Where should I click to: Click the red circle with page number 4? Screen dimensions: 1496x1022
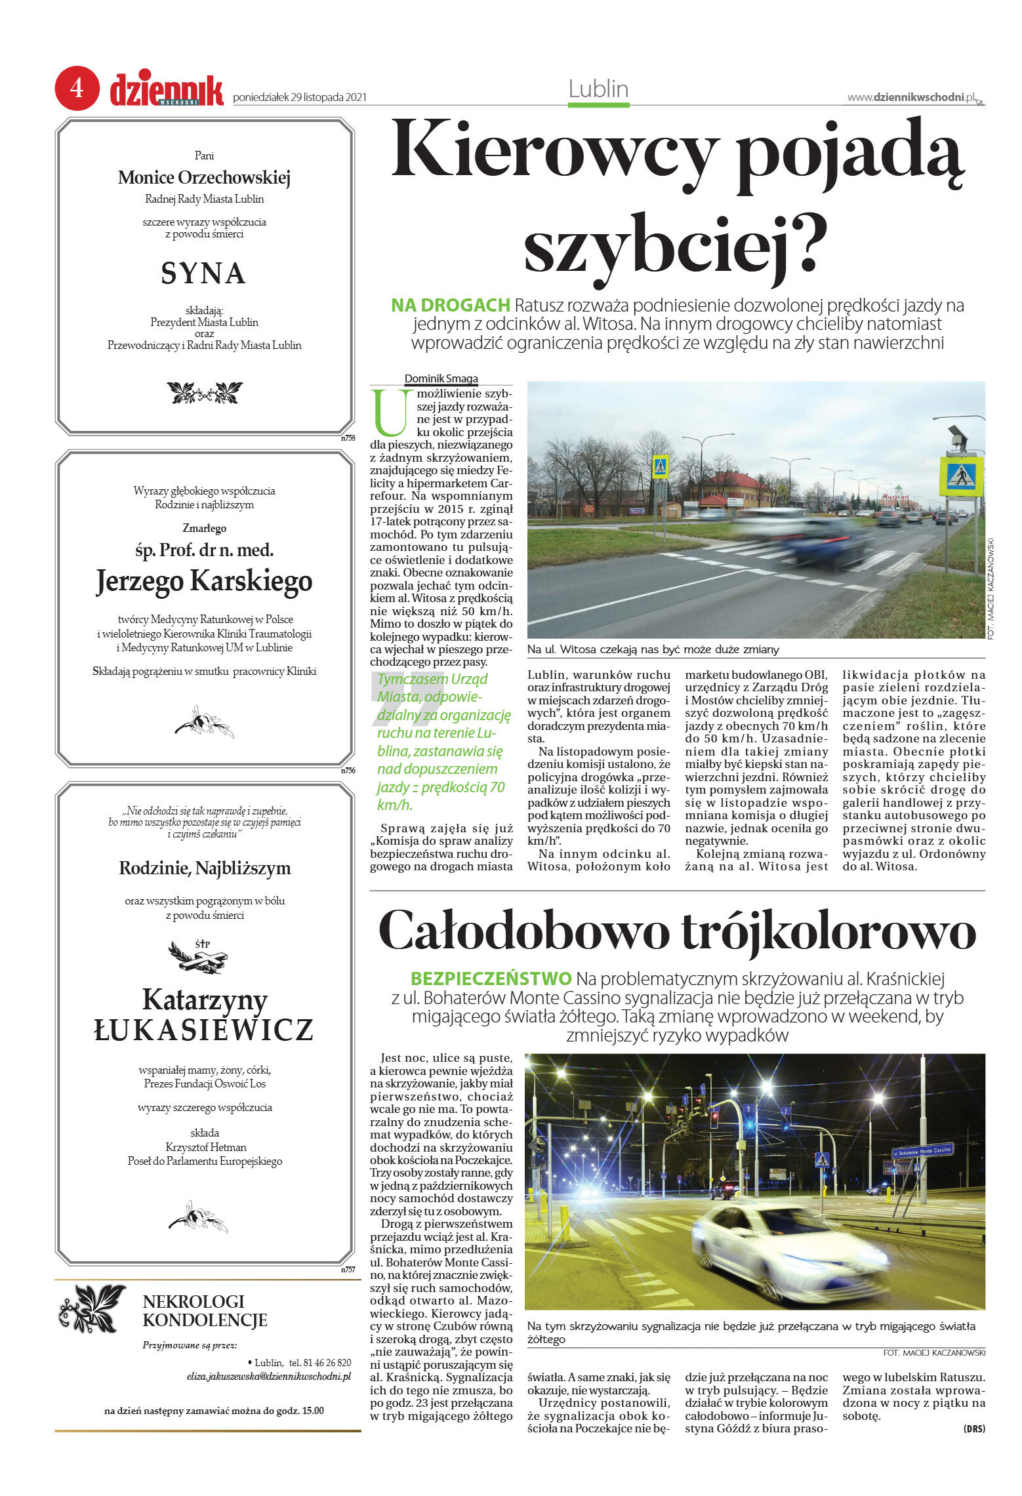coord(77,88)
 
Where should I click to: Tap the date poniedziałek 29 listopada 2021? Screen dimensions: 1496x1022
coord(299,98)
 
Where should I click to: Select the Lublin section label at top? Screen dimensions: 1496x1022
coord(598,89)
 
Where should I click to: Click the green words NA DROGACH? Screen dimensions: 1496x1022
coord(450,305)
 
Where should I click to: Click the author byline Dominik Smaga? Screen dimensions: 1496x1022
coord(441,378)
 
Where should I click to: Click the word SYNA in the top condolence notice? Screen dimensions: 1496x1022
coord(203,273)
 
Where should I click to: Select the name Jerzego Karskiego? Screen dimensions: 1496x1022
coord(204,581)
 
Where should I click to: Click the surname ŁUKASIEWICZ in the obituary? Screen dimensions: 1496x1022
coord(204,1030)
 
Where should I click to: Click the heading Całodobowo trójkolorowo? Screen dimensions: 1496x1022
coord(677,931)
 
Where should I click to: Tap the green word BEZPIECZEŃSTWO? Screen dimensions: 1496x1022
coord(491,979)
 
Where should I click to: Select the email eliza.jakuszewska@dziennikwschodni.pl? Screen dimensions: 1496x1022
coord(268,1377)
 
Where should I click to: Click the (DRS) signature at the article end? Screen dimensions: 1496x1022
coord(973,1428)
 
